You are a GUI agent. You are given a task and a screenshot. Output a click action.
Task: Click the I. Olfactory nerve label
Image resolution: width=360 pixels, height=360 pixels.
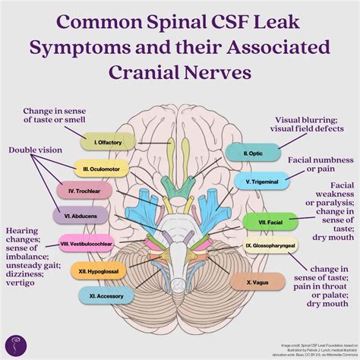pos(109,141)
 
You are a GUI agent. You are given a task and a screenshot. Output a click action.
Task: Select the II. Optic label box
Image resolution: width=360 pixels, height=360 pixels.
pos(252,153)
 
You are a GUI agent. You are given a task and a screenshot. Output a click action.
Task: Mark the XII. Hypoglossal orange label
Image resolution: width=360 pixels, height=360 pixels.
pos(96,270)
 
